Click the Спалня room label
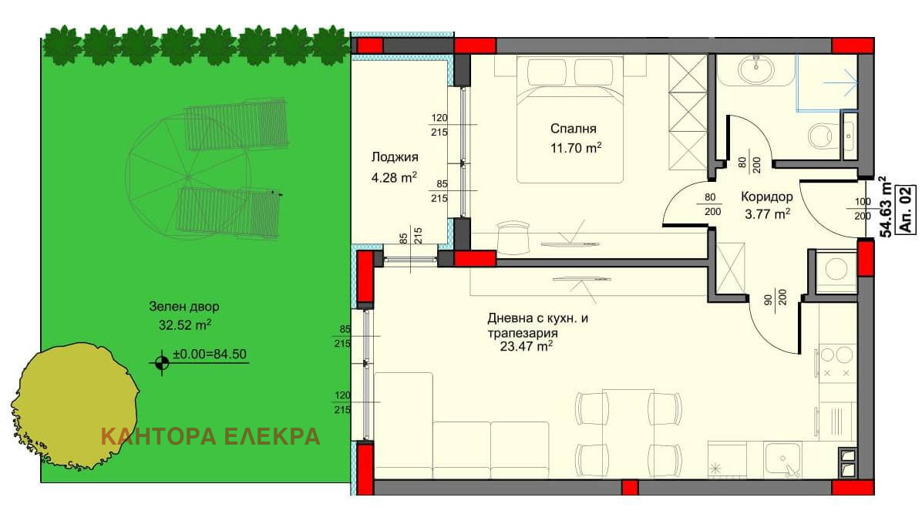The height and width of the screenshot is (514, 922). coord(574,129)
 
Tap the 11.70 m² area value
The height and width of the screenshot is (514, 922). coord(576,148)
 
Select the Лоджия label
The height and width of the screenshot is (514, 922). coord(395,157)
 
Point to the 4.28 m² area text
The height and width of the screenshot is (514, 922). coord(394,177)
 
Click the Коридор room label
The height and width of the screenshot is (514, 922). coord(767,197)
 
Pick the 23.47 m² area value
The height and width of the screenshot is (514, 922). coord(527,347)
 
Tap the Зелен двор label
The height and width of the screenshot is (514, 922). coord(184,307)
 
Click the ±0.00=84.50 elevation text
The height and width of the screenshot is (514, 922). coord(210,354)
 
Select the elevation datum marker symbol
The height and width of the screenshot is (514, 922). coord(162,362)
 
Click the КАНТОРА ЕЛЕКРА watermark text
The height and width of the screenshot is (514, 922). coord(210,436)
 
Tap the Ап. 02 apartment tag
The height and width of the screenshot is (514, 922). coord(906,210)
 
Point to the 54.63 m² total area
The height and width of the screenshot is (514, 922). coord(884,207)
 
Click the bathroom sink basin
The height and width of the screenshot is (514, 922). coord(755,71)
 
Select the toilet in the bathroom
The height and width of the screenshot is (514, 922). coord(821,136)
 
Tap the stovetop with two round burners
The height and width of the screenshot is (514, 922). coord(836,363)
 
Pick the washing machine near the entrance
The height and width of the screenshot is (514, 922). coord(835,271)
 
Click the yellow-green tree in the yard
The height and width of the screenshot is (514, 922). coord(76,406)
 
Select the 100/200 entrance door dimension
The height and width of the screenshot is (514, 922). coord(863,210)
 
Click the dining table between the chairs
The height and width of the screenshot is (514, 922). coord(628,434)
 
